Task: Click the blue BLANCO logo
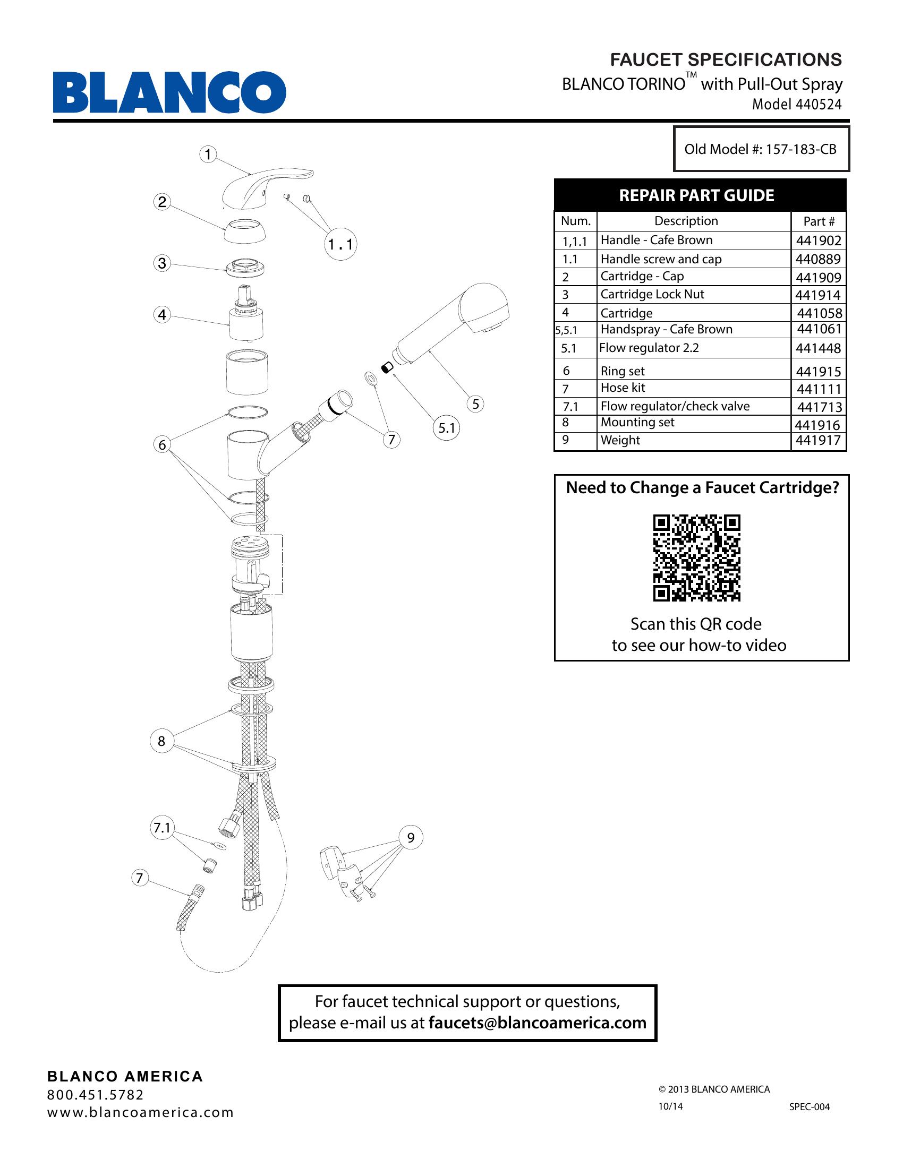169,92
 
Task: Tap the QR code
696,558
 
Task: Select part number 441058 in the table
819,313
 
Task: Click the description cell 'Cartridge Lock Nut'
652,294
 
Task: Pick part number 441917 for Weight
818,440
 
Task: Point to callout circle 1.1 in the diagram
341,244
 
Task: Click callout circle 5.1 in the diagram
447,428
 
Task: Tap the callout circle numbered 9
411,837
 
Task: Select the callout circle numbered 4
162,314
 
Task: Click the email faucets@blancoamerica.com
537,1023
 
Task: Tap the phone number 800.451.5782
96,1095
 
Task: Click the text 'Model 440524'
797,104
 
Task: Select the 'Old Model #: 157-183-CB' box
761,149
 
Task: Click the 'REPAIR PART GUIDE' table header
696,195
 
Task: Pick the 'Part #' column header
819,221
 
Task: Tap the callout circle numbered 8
161,741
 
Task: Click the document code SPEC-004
810,1106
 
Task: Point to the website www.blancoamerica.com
141,1112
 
